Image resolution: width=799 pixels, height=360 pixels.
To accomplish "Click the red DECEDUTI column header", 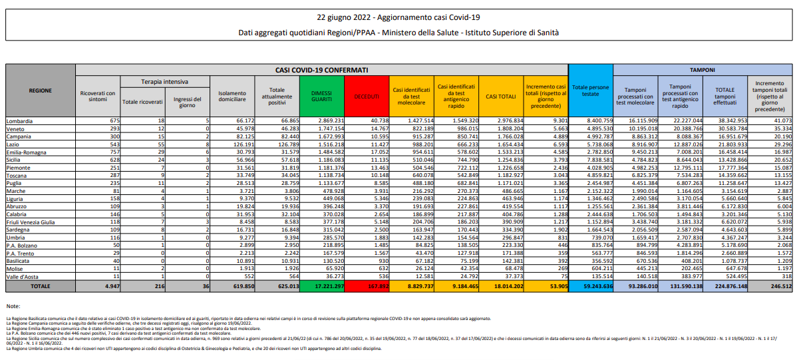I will [x=366, y=96].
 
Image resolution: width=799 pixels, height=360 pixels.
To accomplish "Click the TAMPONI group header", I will [x=702, y=69].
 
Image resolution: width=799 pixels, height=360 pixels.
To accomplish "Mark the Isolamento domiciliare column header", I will [x=232, y=96].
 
